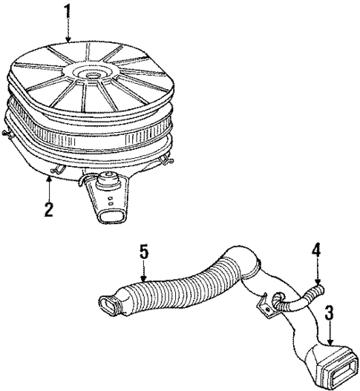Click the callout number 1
coord(68,13)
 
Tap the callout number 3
coord(327,314)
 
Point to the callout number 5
coord(144,253)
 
